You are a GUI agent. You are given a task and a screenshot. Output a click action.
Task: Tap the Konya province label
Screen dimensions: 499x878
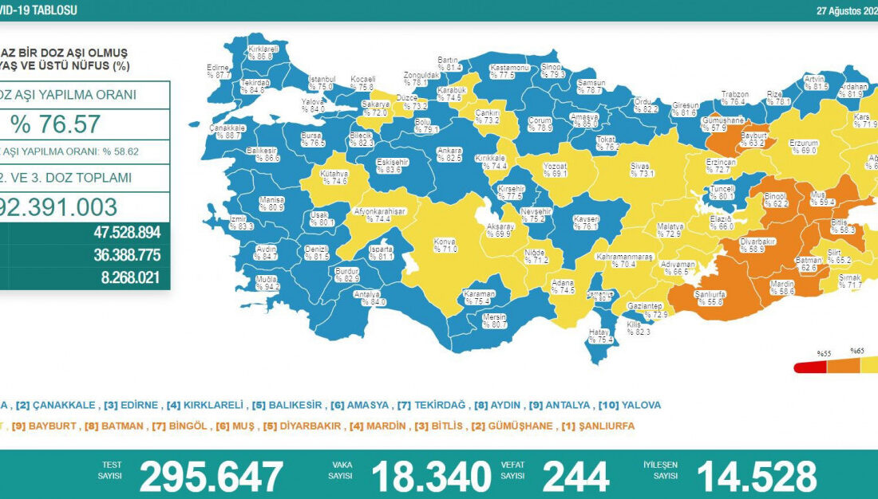(445, 245)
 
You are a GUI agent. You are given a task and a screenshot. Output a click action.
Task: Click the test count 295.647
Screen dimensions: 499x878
(211, 477)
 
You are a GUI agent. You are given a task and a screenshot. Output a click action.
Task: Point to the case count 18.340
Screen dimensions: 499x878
(430, 477)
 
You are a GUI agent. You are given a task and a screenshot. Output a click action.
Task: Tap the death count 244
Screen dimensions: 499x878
(575, 477)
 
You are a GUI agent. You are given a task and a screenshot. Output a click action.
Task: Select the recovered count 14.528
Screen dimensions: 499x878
(756, 477)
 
